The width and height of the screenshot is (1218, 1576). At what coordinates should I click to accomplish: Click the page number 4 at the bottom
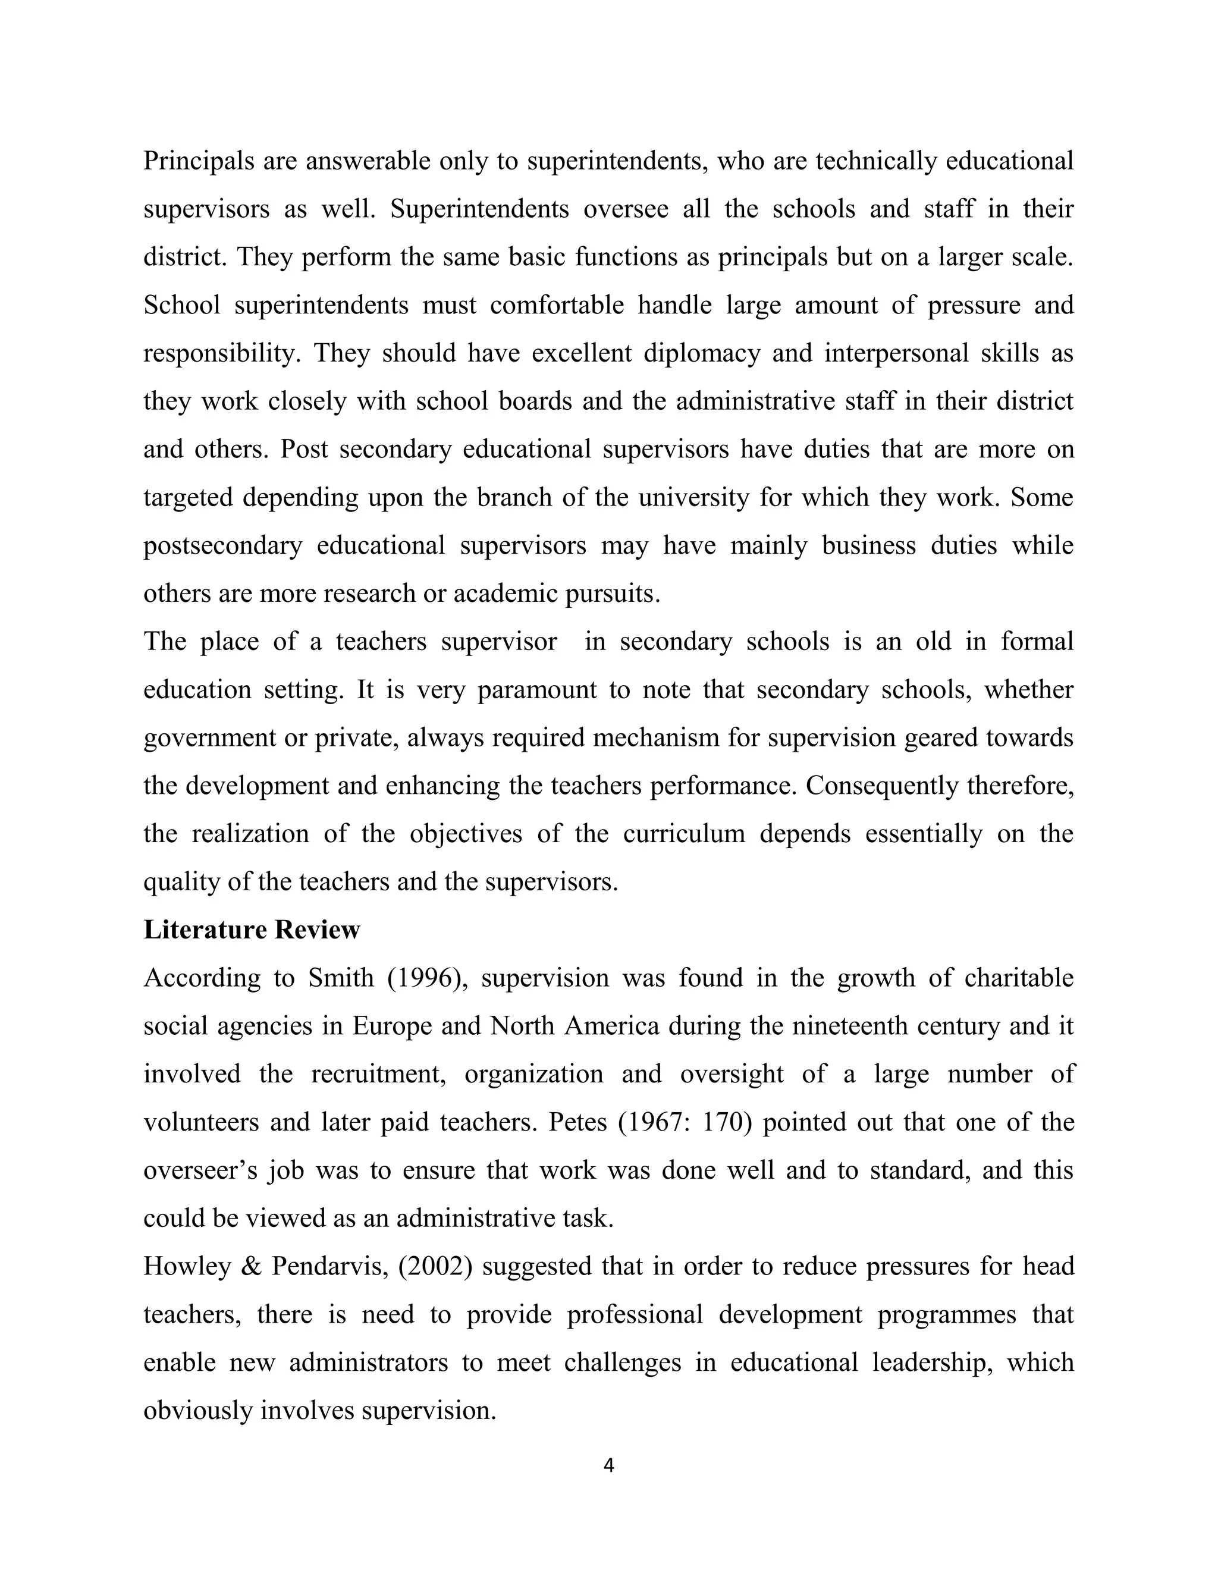pos(608,1465)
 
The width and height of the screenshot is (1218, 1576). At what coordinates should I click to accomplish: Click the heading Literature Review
pos(251,930)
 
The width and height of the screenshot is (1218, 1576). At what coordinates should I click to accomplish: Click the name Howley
pos(187,1266)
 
